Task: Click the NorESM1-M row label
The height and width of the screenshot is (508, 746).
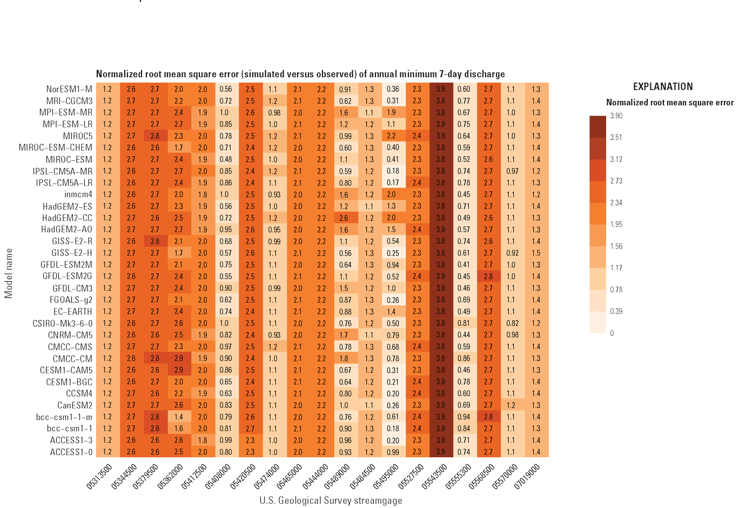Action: pyautogui.click(x=69, y=89)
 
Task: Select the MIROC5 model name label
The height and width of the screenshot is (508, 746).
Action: pyautogui.click(x=78, y=136)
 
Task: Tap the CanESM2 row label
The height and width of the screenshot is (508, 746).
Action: pyautogui.click(x=75, y=405)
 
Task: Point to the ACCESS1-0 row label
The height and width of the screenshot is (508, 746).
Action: pyautogui.click(x=71, y=452)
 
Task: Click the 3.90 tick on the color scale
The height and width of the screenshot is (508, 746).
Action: pyautogui.click(x=616, y=116)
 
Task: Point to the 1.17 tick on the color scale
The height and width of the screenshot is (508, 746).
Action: pyautogui.click(x=616, y=268)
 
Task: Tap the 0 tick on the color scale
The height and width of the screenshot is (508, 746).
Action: pyautogui.click(x=612, y=333)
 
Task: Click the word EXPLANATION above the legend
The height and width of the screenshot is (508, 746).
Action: pyautogui.click(x=663, y=87)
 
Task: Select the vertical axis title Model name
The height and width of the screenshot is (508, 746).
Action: pyautogui.click(x=9, y=273)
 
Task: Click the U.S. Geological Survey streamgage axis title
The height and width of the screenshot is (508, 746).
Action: pyautogui.click(x=331, y=500)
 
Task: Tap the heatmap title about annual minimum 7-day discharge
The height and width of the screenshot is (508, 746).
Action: pyautogui.click(x=300, y=74)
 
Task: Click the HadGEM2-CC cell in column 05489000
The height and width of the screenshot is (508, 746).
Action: pyautogui.click(x=345, y=218)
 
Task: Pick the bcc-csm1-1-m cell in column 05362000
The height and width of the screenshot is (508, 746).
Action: pyautogui.click(x=179, y=417)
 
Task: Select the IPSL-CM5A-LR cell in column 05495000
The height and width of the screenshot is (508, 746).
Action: pyautogui.click(x=393, y=183)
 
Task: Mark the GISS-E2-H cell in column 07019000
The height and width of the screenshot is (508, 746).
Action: pyautogui.click(x=535, y=253)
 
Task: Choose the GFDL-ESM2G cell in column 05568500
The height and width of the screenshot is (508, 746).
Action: pyautogui.click(x=488, y=276)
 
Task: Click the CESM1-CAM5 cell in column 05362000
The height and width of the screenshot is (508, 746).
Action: pyautogui.click(x=179, y=370)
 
